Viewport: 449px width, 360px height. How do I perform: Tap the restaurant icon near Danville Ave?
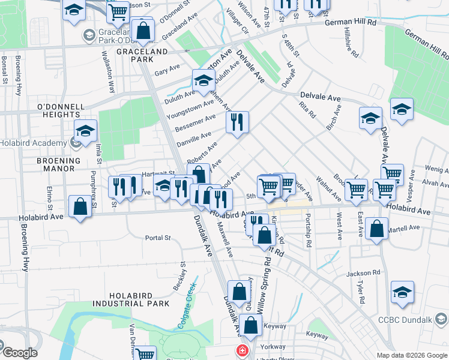click(x=237, y=122)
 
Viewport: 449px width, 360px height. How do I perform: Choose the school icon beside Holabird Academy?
click(x=86, y=131)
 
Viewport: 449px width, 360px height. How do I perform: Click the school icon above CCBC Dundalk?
click(x=402, y=292)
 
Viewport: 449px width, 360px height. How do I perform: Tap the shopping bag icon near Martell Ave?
click(x=376, y=229)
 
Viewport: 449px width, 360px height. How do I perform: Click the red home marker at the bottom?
click(x=242, y=350)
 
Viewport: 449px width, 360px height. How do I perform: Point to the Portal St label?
click(x=158, y=238)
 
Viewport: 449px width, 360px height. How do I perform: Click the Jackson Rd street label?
click(x=363, y=273)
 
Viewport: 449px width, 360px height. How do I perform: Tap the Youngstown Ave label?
click(x=190, y=110)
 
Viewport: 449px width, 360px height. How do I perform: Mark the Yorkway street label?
click(x=274, y=346)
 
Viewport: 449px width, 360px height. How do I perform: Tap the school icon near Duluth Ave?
click(x=203, y=80)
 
